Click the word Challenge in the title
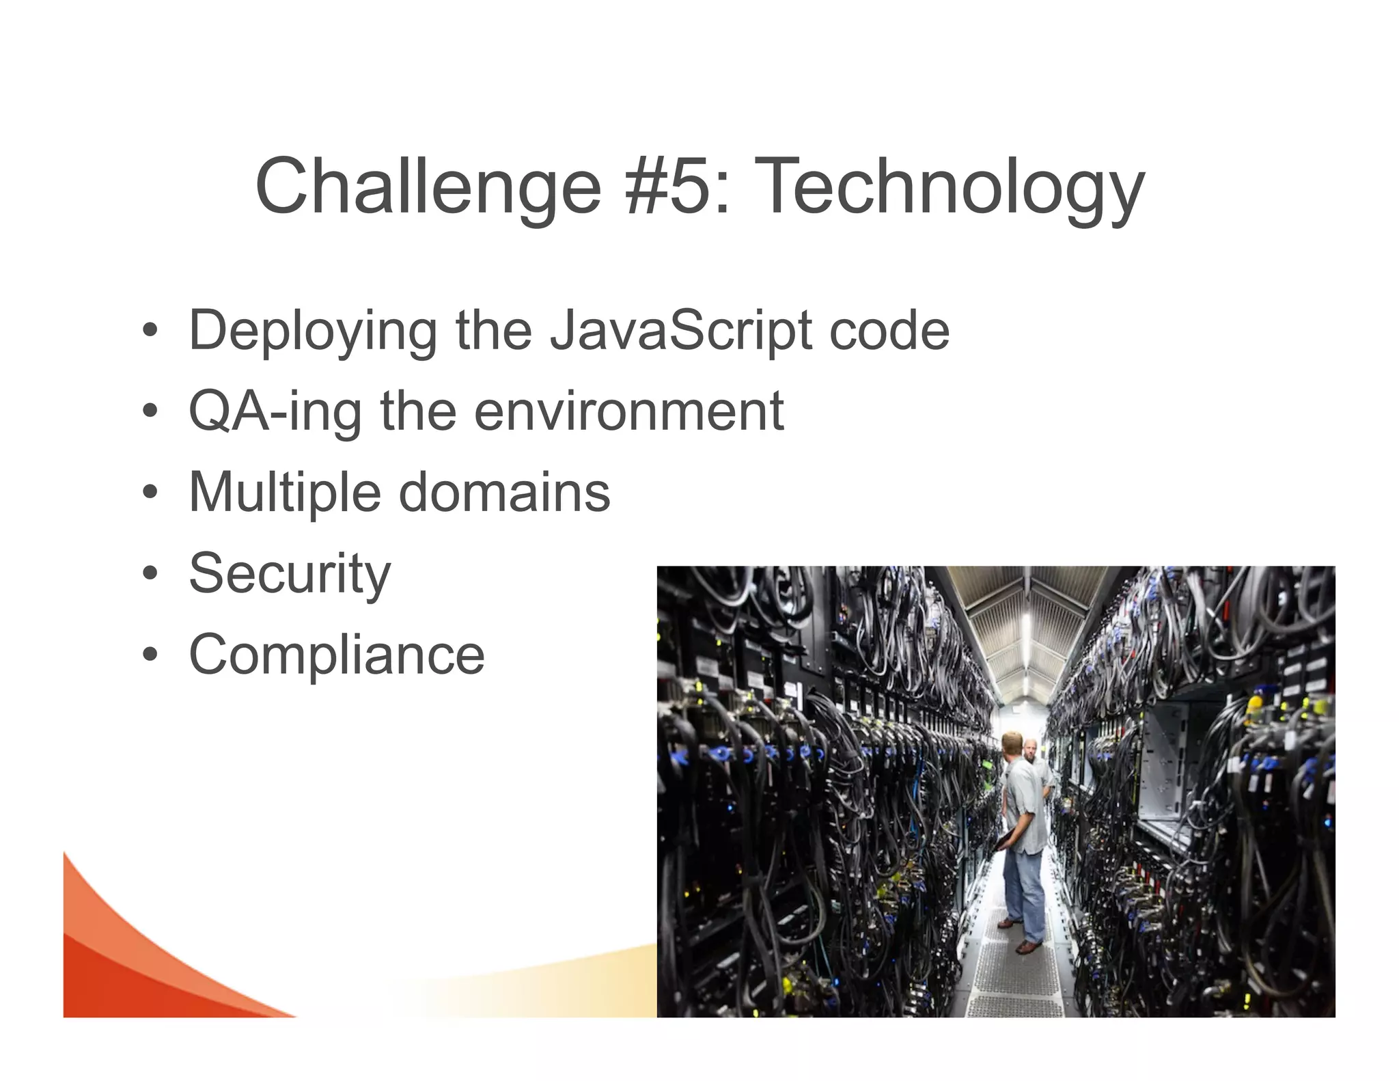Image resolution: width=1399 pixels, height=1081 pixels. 428,186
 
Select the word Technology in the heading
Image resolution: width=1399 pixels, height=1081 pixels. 950,186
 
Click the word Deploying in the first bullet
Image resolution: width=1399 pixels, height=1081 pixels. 312,331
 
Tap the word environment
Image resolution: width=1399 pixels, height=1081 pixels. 628,412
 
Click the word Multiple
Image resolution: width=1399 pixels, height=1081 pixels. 284,493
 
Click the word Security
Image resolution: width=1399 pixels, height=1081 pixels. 290,574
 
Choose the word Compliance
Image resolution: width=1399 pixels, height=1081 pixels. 337,655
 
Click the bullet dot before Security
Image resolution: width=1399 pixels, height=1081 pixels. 150,574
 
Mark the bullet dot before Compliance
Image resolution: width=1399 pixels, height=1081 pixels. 150,655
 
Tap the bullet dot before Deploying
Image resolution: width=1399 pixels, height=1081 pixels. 150,332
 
